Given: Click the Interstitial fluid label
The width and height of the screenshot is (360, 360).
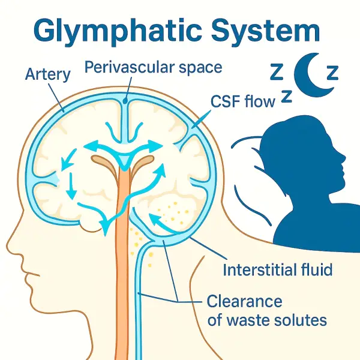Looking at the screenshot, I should pyautogui.click(x=277, y=269).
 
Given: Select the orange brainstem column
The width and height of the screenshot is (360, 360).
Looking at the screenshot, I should pyautogui.click(x=123, y=252).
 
